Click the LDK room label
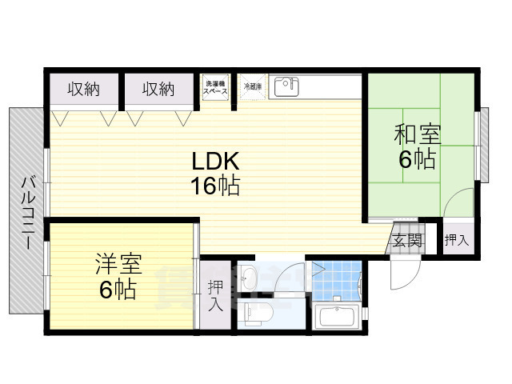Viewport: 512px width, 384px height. click(x=214, y=160)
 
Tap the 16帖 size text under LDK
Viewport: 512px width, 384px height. click(x=214, y=186)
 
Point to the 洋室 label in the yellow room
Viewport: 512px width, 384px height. click(x=118, y=263)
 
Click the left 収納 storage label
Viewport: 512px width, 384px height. click(x=82, y=89)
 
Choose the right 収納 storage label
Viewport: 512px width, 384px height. click(x=158, y=89)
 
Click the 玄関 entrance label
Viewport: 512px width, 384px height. click(x=406, y=239)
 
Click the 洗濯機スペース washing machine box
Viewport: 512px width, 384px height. click(x=216, y=87)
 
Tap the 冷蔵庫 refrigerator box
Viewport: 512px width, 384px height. click(x=253, y=87)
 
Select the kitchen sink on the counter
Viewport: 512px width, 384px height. click(x=286, y=87)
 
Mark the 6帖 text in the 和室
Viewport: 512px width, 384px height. click(x=417, y=159)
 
